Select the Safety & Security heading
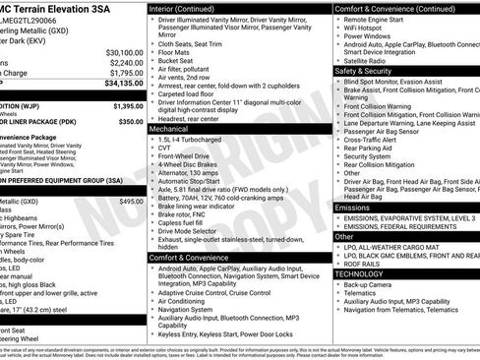click(366, 71)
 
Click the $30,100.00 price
click(124, 52)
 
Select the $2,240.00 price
click(126, 62)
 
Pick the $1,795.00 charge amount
click(126, 73)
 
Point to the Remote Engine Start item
click(373, 18)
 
